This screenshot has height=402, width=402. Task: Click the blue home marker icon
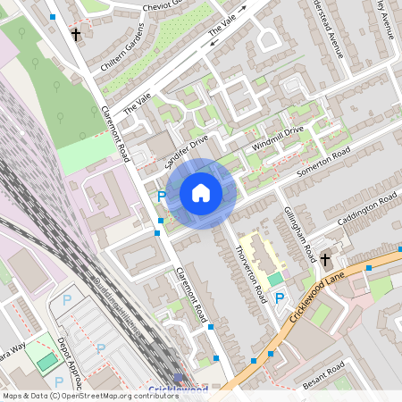coord(201,193)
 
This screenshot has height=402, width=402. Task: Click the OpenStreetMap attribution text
coord(91,395)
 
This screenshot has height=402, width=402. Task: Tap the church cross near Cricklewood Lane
coord(324,260)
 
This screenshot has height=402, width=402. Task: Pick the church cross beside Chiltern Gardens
coord(75,36)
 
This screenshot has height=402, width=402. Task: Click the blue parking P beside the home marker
coord(162,196)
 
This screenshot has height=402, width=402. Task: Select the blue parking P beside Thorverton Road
coord(280,297)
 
